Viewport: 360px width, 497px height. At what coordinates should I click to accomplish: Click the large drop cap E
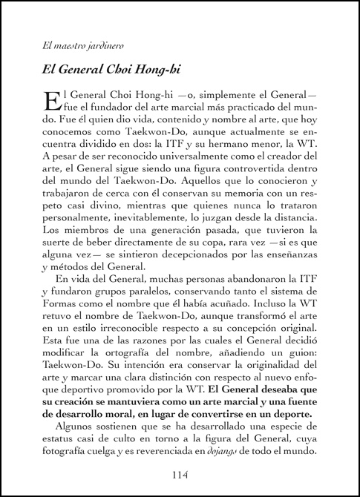pos(51,104)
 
